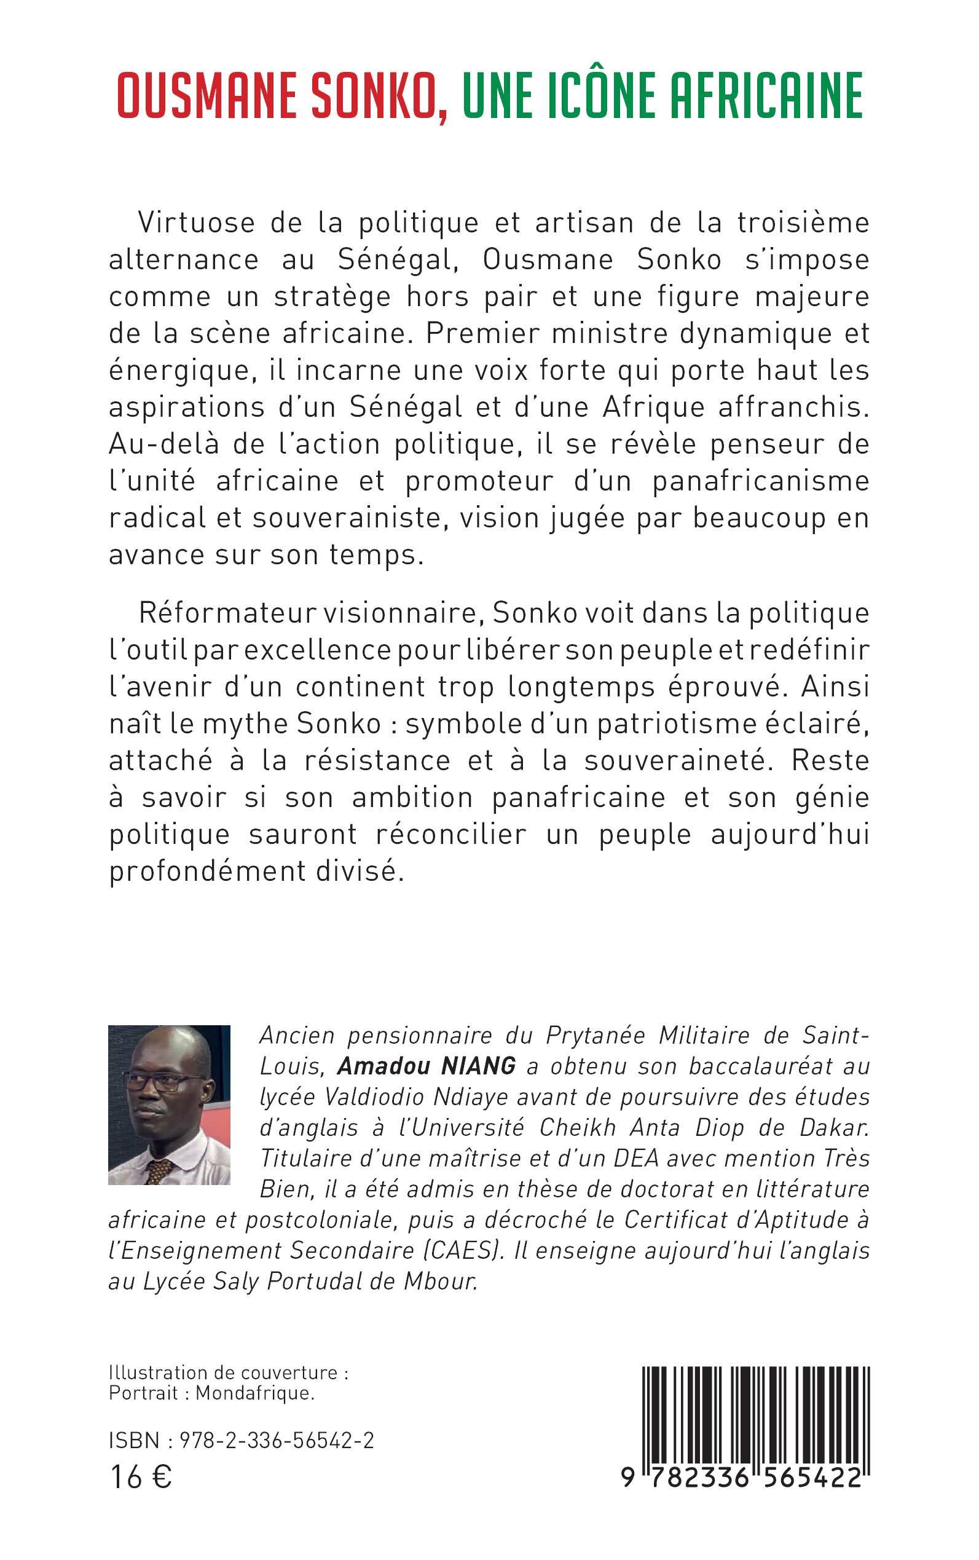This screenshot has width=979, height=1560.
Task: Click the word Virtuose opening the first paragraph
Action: click(x=197, y=223)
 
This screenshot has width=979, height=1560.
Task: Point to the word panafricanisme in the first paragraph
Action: click(x=760, y=481)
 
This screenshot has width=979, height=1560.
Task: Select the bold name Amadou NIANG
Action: click(x=427, y=1065)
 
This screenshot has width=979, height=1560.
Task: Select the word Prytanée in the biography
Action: click(x=596, y=1035)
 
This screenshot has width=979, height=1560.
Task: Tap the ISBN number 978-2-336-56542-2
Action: click(x=277, y=1441)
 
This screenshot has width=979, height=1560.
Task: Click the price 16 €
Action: click(x=141, y=1477)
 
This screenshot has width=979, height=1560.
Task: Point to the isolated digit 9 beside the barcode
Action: click(x=627, y=1477)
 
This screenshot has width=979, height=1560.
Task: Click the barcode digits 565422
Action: click(x=812, y=1477)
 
